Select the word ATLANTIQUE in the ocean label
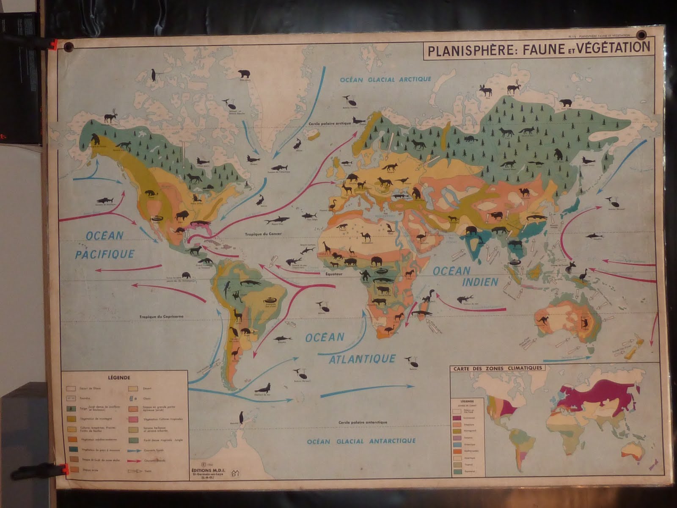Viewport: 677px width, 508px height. tap(362, 359)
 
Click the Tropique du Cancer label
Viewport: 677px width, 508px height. tap(263, 233)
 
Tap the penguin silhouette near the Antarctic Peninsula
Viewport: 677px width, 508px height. tap(242, 417)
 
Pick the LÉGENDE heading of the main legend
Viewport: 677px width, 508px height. tap(119, 378)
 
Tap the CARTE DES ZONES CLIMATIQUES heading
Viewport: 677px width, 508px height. tap(498, 368)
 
